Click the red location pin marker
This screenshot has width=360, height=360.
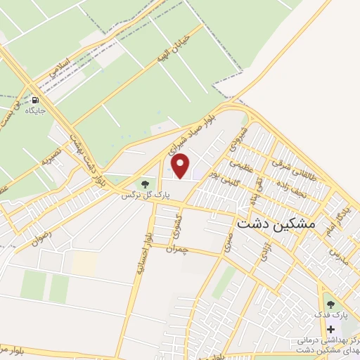(x=181, y=166)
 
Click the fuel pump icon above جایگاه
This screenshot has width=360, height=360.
(x=34, y=100)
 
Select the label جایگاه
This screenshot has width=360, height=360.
(x=34, y=111)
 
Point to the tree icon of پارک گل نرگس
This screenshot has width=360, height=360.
(x=145, y=184)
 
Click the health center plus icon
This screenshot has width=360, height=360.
(x=331, y=328)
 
